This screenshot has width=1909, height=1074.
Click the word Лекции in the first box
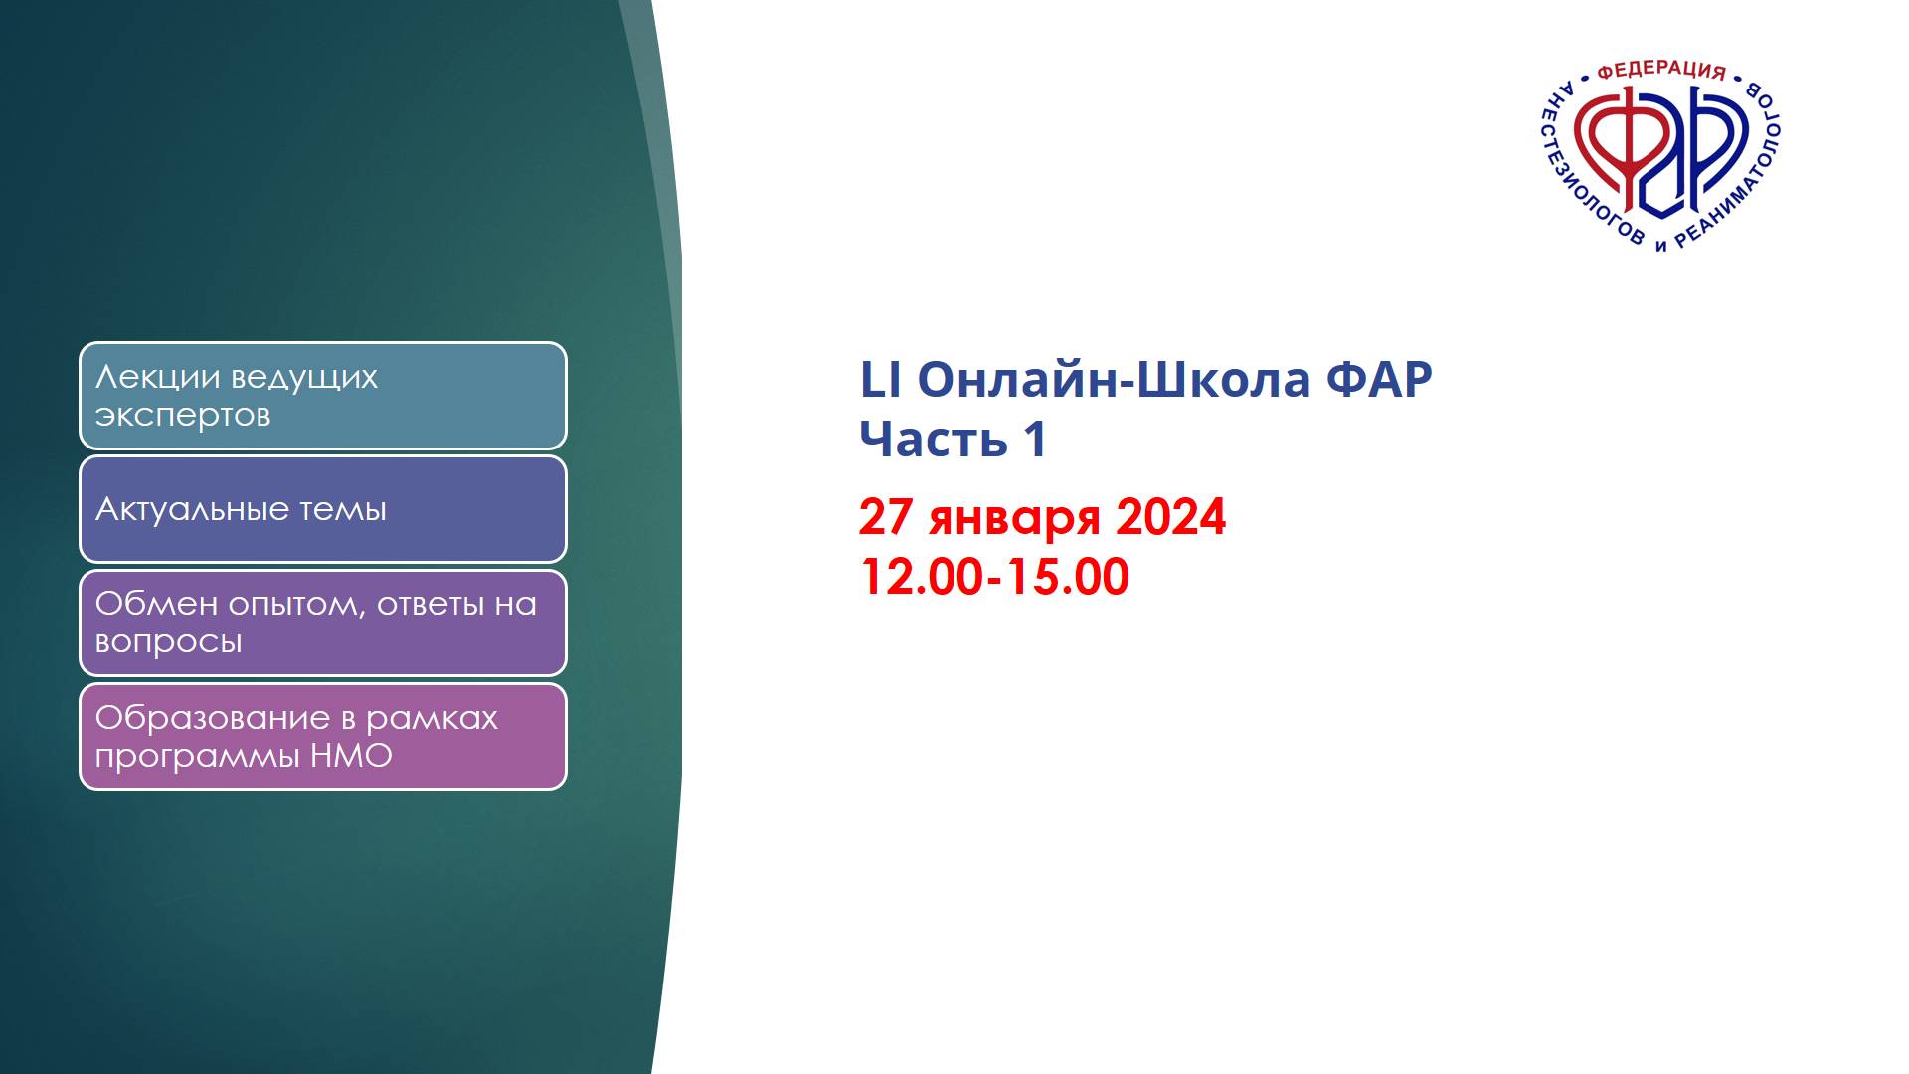pyautogui.click(x=157, y=378)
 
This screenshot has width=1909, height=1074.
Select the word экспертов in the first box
pyautogui.click(x=183, y=416)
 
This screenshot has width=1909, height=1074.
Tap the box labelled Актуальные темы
pyautogui.click(x=323, y=509)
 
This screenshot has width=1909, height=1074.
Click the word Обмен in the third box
pyautogui.click(x=156, y=604)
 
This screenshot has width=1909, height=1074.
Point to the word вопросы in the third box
pyautogui.click(x=168, y=642)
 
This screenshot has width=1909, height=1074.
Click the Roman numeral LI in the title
pyautogui.click(x=879, y=380)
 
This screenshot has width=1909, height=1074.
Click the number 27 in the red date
pyautogui.click(x=886, y=517)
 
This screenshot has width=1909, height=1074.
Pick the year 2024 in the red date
pyautogui.click(x=1171, y=517)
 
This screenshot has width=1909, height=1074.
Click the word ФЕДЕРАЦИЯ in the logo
pyautogui.click(x=1660, y=70)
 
